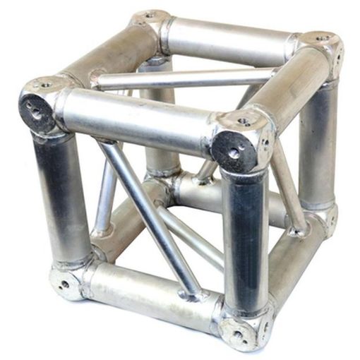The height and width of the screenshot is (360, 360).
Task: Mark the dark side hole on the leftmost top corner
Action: pyautogui.click(x=33, y=109)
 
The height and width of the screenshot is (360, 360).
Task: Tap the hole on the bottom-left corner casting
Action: pyautogui.click(x=65, y=284)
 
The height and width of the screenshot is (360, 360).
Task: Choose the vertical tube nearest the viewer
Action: pyautogui.click(x=244, y=233)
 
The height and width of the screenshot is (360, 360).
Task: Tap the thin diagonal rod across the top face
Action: pyautogui.click(x=184, y=78)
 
